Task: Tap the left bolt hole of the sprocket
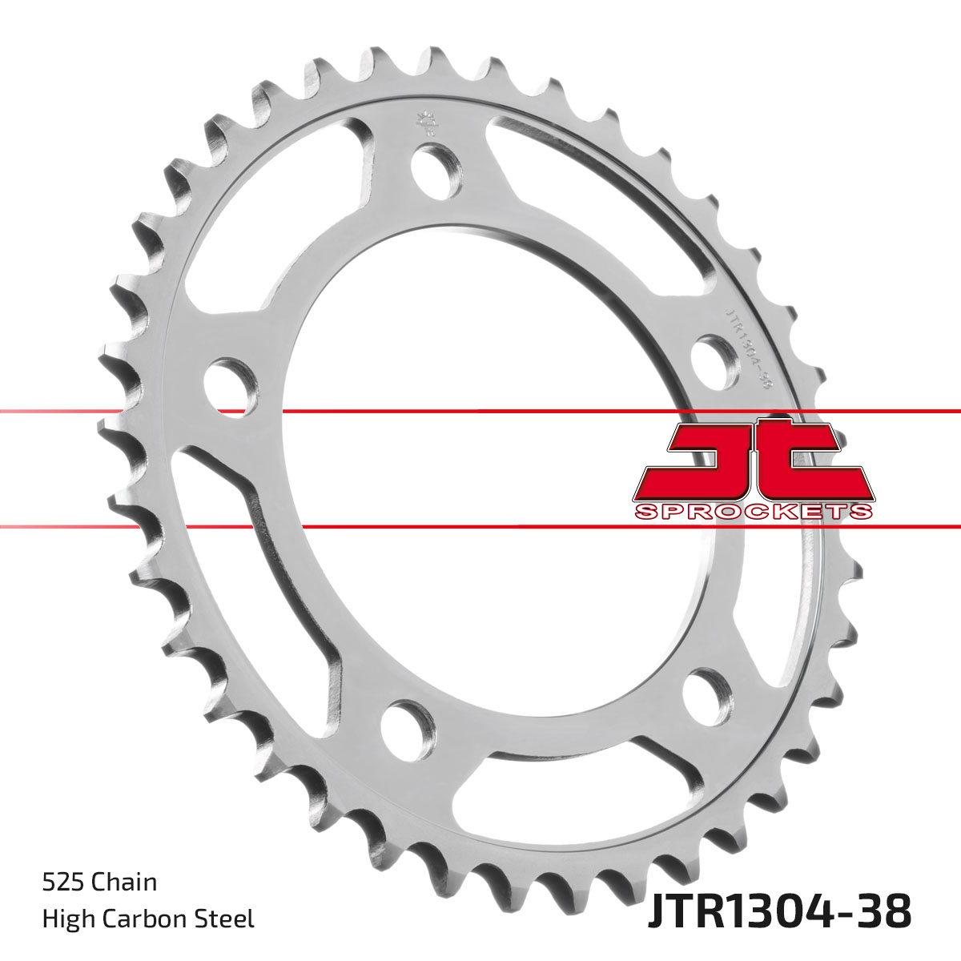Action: [x=231, y=388]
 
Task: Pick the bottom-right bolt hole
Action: [x=708, y=698]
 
